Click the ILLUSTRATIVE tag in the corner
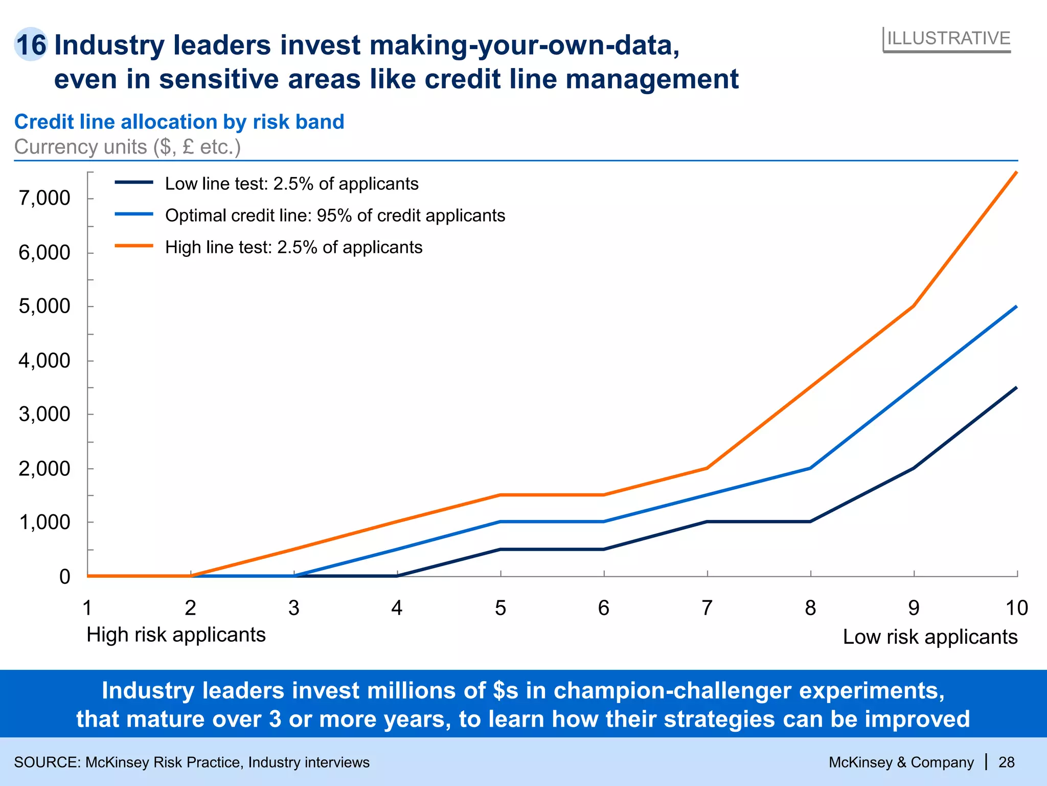948,39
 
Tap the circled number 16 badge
31,45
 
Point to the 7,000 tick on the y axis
44,198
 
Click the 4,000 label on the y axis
44,361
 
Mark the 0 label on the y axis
64,577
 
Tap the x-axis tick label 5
500,608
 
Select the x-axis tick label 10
1016,608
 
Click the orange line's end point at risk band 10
1016,172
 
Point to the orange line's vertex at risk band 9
914,306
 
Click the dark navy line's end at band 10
1016,388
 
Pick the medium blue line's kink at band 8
810,468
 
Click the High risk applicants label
176,635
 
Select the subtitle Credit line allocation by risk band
179,122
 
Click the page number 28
1006,762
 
